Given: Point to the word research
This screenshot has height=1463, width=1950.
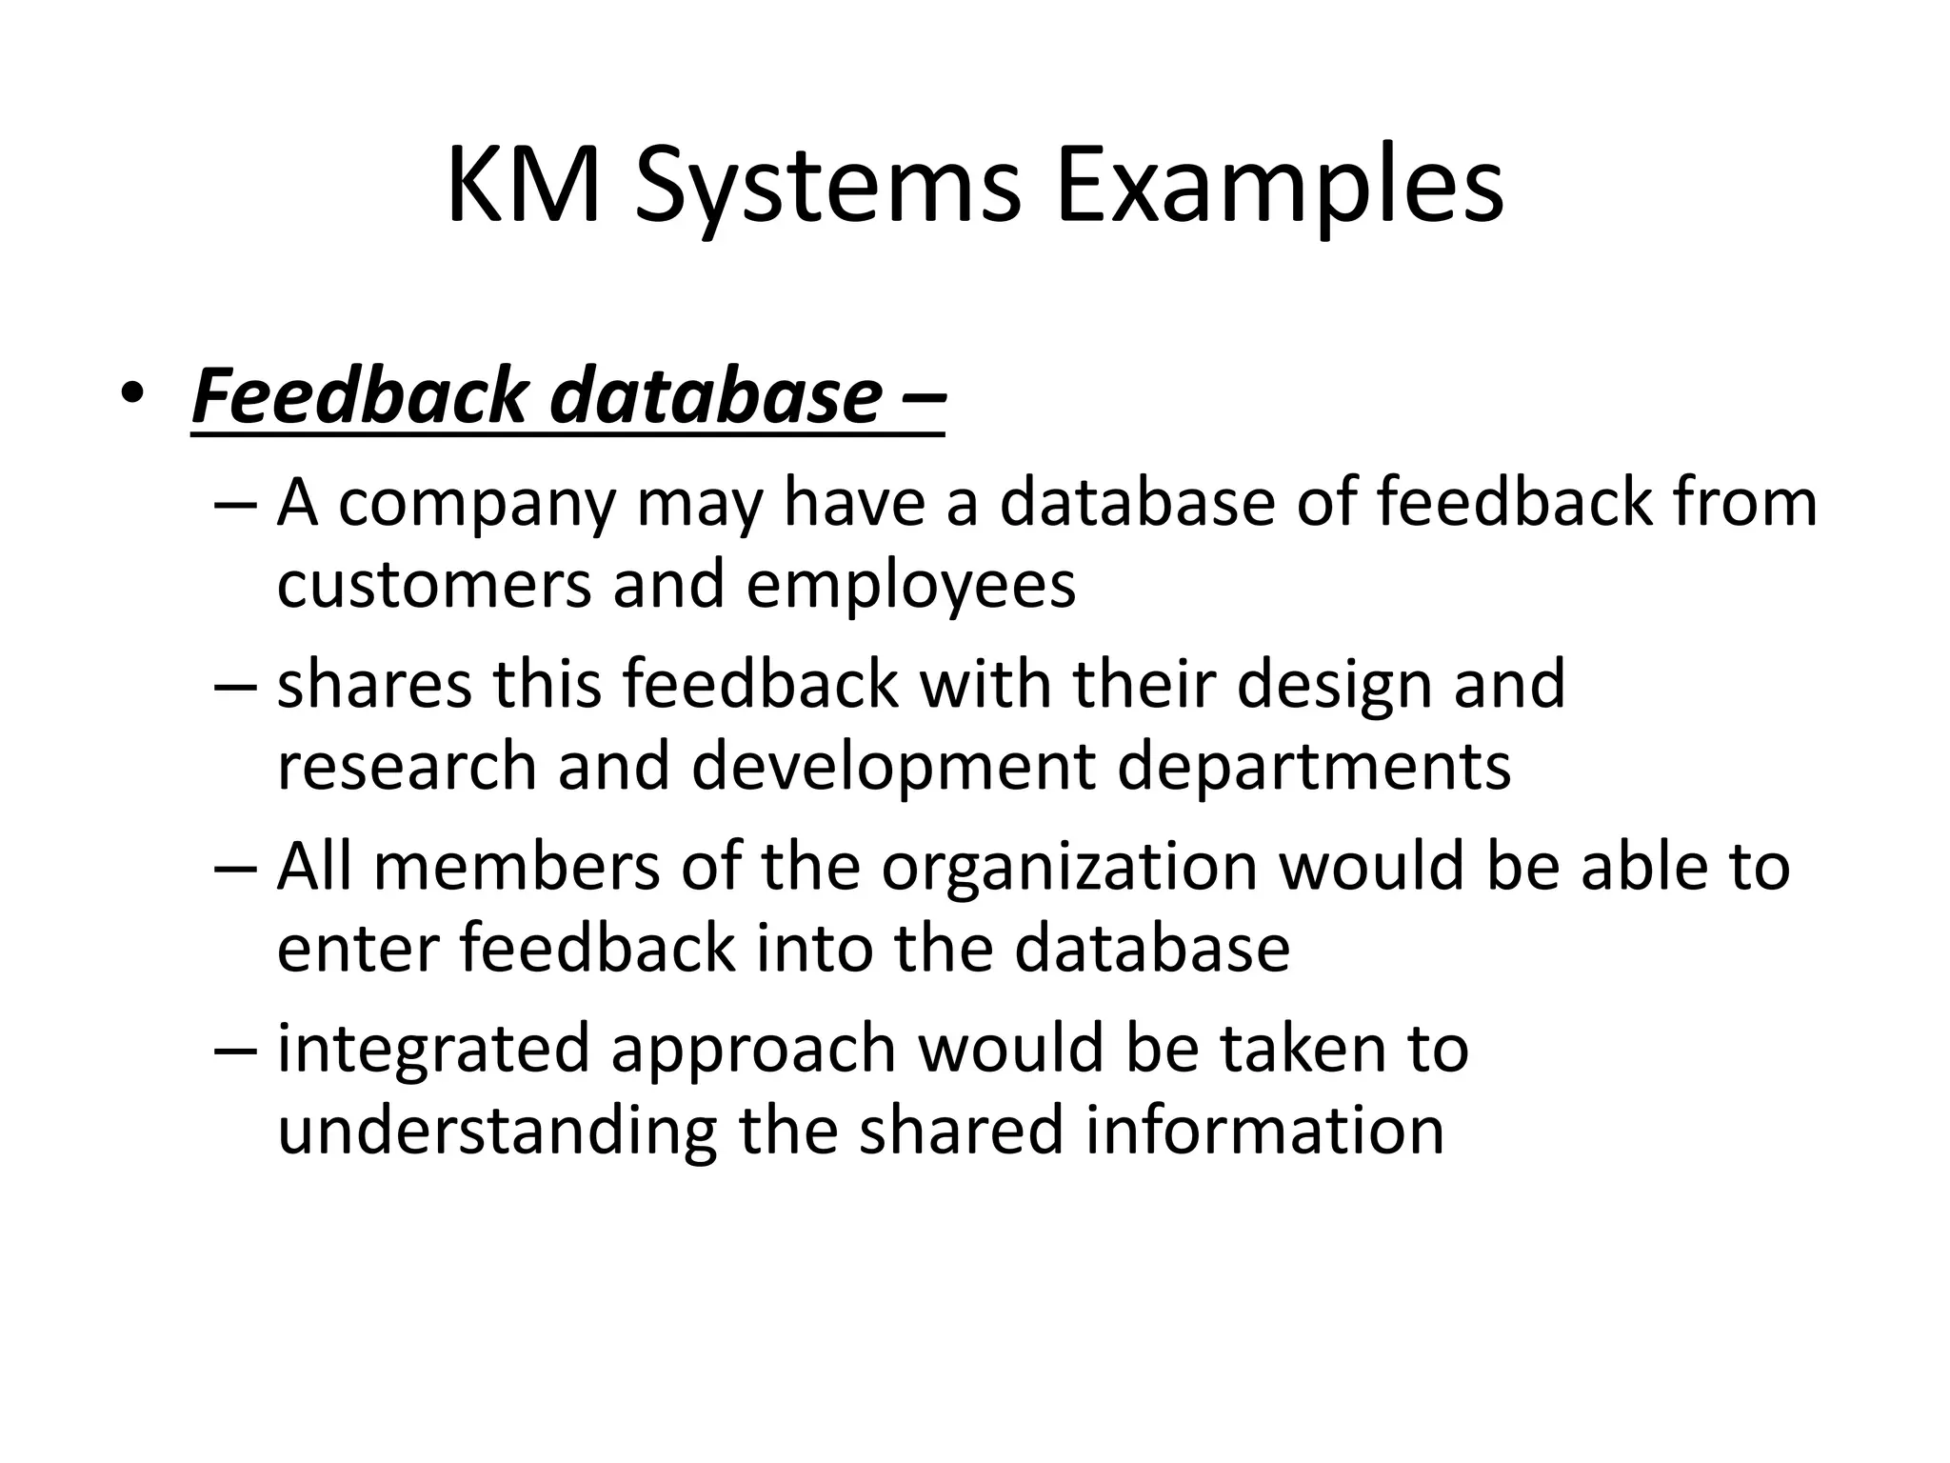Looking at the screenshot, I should [407, 767].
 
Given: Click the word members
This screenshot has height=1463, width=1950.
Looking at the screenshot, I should [516, 867].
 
